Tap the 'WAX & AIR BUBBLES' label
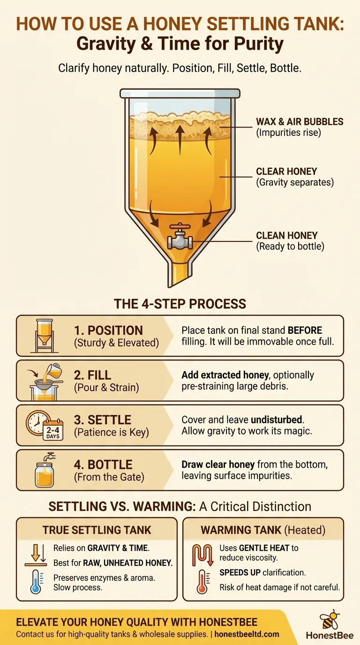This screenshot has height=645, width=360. coord(300,122)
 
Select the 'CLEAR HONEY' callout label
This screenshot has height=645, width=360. coord(286,172)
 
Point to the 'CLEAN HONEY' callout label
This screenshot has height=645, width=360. coord(286,236)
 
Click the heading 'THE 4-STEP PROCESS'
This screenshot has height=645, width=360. coord(180,303)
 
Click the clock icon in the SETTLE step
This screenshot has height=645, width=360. coord(37,420)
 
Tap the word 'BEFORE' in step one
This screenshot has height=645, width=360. coord(305,330)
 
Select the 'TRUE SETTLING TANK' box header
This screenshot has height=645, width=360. coord(97,530)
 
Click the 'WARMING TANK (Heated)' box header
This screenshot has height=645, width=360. coord(263,530)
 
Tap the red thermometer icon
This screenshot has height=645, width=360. coord(202,581)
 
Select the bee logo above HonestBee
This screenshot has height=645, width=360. coord(331,619)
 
